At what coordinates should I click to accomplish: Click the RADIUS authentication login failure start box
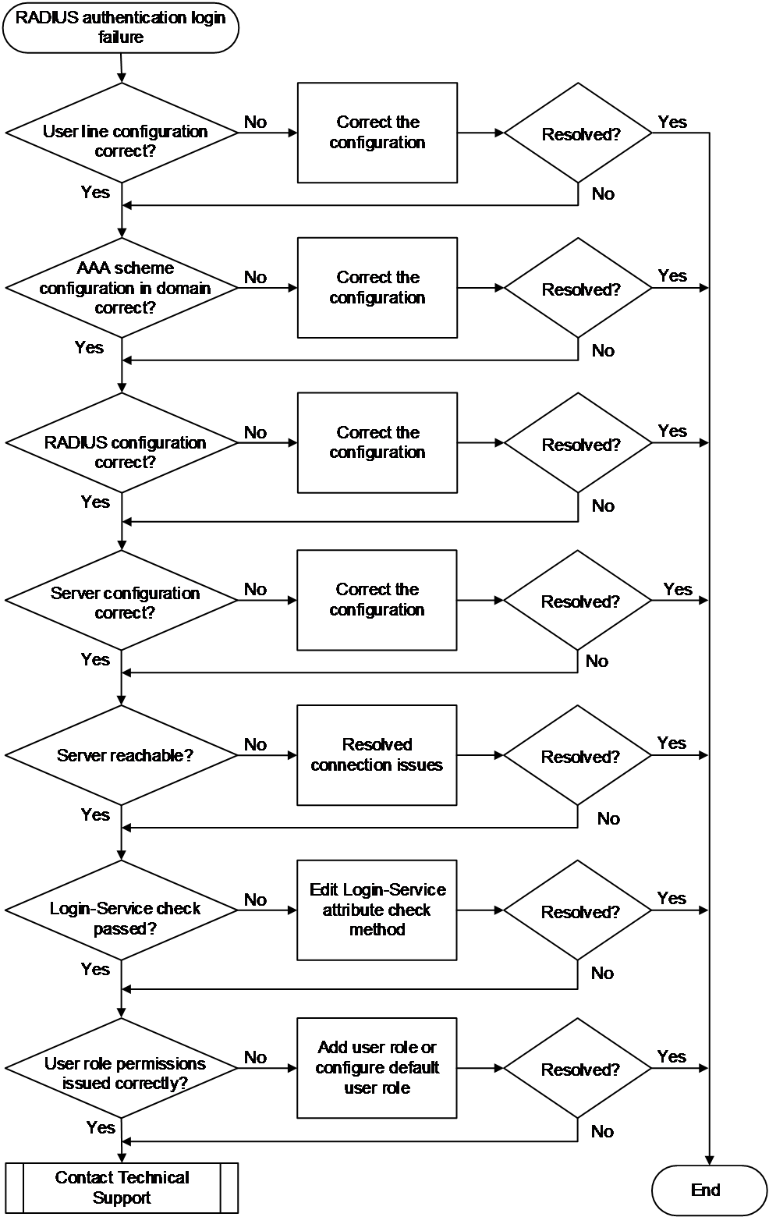click(x=121, y=28)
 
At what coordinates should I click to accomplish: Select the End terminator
click(x=709, y=1190)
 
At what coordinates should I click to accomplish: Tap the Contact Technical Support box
click(x=122, y=1187)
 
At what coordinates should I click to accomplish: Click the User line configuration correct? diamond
click(x=122, y=133)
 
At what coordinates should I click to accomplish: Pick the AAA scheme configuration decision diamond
click(x=122, y=288)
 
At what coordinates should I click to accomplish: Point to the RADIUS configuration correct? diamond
click(x=122, y=443)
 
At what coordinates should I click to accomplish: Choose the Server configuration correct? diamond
click(x=122, y=601)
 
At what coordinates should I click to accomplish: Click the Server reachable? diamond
click(x=122, y=755)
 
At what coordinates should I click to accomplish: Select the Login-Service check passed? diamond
click(x=122, y=910)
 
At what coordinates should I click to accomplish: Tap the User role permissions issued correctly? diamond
click(x=122, y=1067)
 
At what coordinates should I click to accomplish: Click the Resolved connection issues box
click(x=377, y=755)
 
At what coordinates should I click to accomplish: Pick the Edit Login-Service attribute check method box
click(x=377, y=910)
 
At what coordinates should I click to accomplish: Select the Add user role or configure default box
click(x=377, y=1067)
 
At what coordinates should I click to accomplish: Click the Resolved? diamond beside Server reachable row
click(x=578, y=755)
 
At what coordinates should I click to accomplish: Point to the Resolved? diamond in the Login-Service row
click(x=578, y=910)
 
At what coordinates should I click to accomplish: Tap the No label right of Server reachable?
click(x=255, y=743)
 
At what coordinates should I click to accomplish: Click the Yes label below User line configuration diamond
click(x=96, y=192)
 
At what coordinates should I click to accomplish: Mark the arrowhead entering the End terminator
click(x=709, y=1162)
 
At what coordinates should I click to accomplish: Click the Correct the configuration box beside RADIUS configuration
click(x=377, y=443)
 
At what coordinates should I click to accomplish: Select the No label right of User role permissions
click(x=255, y=1057)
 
